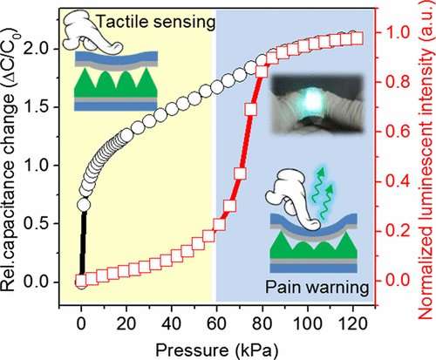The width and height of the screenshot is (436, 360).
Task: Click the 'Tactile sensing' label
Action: [x=155, y=23]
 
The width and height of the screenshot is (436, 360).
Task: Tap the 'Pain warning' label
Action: [x=317, y=288]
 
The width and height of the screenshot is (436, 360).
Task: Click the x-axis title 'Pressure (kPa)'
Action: [x=217, y=350]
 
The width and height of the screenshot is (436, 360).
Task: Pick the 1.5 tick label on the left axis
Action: [x=38, y=107]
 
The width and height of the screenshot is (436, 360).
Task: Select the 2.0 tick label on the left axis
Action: [x=38, y=49]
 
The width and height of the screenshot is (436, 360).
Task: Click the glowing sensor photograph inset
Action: [x=317, y=104]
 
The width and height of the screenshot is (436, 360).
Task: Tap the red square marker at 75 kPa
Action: [x=250, y=110]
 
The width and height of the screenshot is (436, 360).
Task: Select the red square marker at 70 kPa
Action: [x=240, y=173]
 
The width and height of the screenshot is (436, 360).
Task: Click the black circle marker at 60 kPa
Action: [x=217, y=87]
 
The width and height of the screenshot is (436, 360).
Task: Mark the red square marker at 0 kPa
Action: [x=80, y=281]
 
